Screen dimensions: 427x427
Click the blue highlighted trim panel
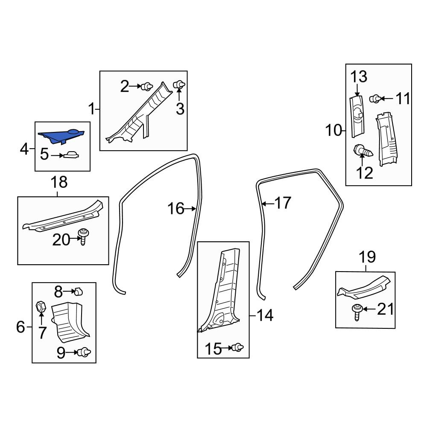coord(61,136)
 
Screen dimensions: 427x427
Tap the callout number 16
coord(175,209)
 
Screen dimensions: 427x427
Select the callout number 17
coord(283,203)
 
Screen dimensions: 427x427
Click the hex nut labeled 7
coord(41,307)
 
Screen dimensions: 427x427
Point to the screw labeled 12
coord(363,151)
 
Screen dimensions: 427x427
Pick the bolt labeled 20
coord(84,237)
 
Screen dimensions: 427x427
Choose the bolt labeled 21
coord(357,313)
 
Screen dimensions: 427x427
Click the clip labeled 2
coord(147,86)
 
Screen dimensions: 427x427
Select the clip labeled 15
coord(237,348)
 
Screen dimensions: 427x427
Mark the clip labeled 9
coord(85,352)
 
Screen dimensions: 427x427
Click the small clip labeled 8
coord(79,291)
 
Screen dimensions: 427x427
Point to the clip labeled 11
coord(375,99)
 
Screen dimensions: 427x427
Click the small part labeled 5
coord(71,155)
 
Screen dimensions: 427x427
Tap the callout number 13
coord(358,76)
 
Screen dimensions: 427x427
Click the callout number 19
coord(367,257)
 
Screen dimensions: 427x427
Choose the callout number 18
coord(59,182)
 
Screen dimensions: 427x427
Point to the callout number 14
coord(265,315)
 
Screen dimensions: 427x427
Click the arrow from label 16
coord(190,209)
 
